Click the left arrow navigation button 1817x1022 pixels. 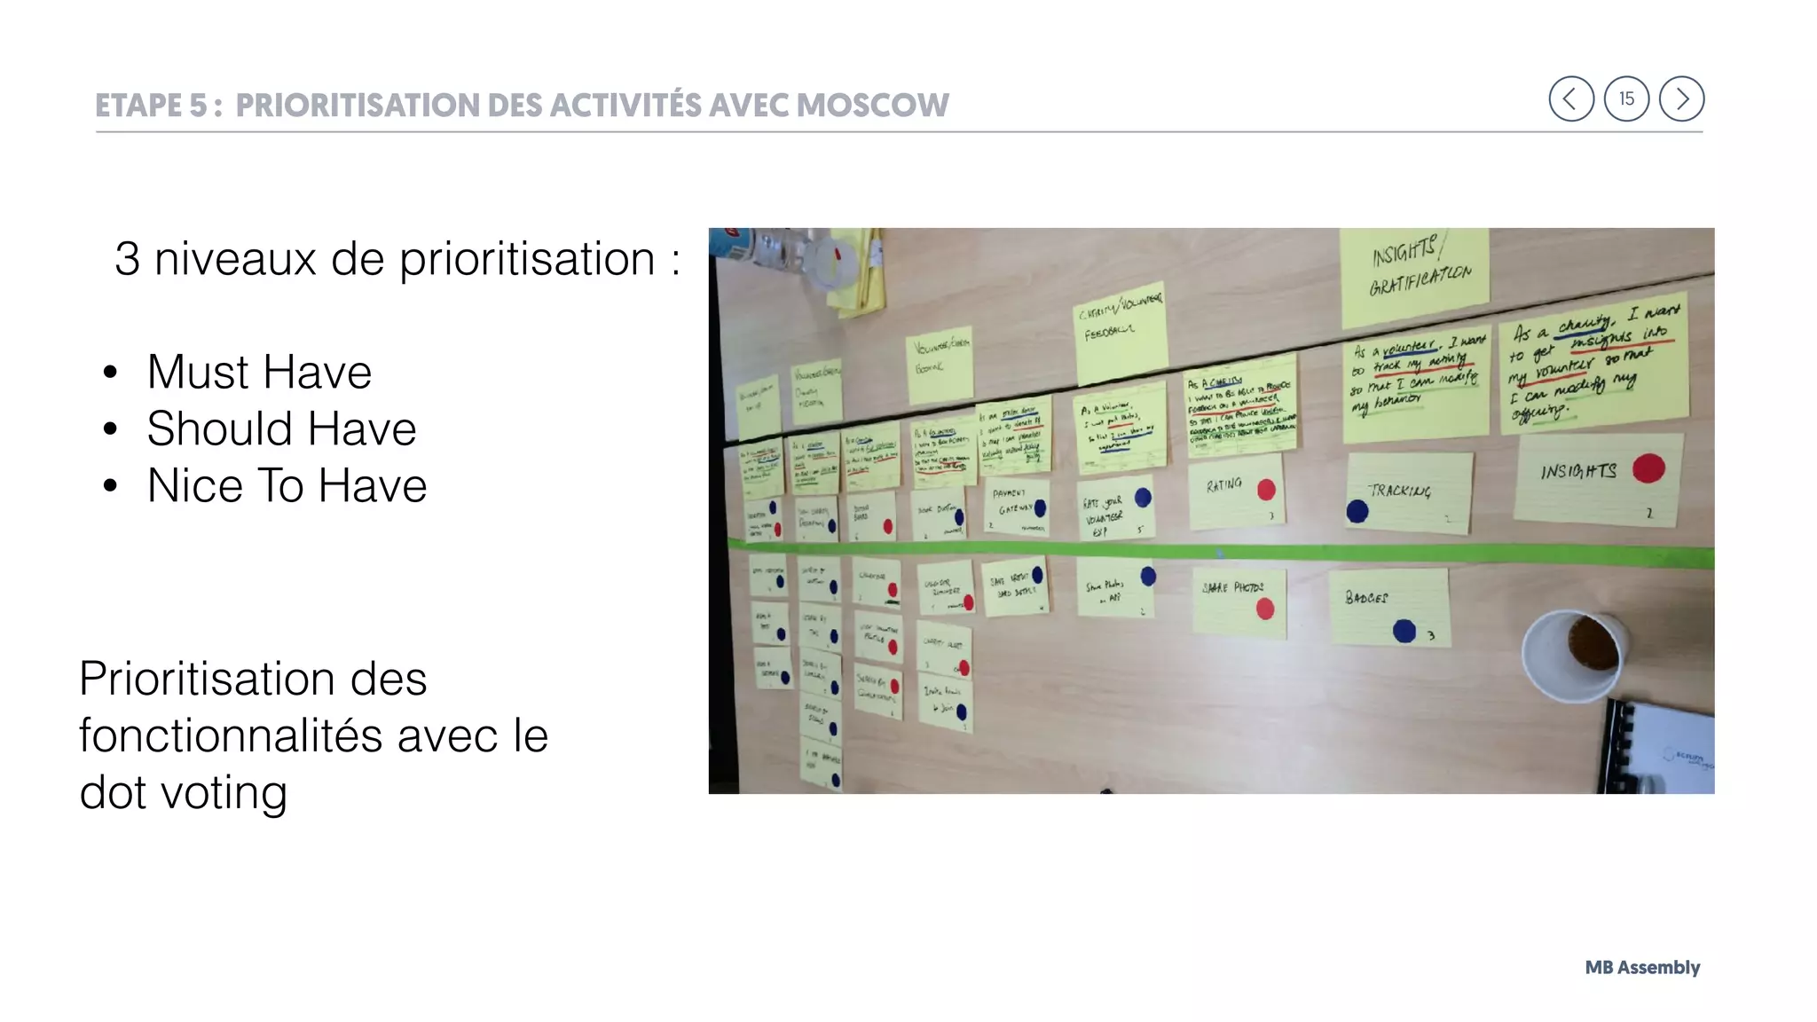pos(1570,98)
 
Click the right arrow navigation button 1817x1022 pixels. pos(1681,98)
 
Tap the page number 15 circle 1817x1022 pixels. pos(1626,98)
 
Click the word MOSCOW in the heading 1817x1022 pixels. pos(872,106)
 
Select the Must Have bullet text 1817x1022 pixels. pos(259,372)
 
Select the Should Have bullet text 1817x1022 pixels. pos(281,428)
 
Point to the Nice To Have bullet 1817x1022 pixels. pos(287,486)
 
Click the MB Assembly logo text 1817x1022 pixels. pos(1642,967)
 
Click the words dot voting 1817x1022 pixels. pos(184,792)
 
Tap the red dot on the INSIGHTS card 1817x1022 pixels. pos(1648,468)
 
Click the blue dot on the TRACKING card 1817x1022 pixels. pos(1357,511)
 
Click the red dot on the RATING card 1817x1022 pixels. pos(1266,490)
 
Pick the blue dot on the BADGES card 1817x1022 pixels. pos(1404,631)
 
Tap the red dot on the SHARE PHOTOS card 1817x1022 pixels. pos(1265,609)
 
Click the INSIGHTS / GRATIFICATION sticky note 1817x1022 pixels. pos(1414,275)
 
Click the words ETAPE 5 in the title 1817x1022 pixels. pos(152,106)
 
